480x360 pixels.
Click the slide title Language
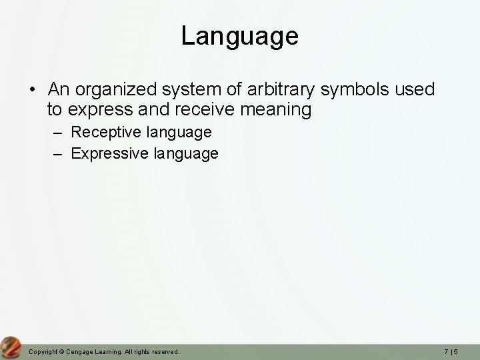[x=239, y=36]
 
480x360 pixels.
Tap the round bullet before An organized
[x=33, y=90]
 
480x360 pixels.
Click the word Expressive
[x=111, y=154]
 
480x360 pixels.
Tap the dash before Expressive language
[x=59, y=154]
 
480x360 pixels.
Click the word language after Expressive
[x=186, y=154]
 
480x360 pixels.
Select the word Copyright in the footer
[x=44, y=351]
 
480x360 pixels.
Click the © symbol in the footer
[x=63, y=351]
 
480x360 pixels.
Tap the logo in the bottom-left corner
[x=11, y=348]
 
